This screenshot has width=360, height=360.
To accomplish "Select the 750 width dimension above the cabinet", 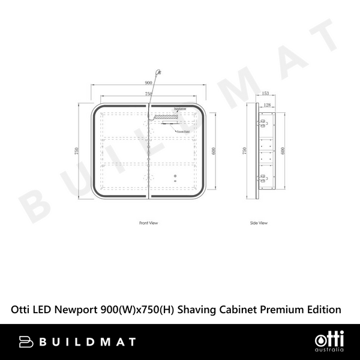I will pos(148,94).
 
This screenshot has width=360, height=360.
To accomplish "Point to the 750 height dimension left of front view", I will pos(76,151).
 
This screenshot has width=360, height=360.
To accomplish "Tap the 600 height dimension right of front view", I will pos(212,151).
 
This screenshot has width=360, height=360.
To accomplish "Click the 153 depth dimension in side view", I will pos(265,94).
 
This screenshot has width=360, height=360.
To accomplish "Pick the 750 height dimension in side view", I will pos(244,151).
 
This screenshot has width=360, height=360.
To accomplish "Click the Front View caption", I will pos(148,223).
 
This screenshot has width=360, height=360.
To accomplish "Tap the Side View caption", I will pos(259,223).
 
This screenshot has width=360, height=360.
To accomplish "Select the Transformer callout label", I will pos(179,109).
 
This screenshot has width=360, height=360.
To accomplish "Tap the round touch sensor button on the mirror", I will pos(175,176).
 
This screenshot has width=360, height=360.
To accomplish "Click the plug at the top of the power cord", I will pos(158,73).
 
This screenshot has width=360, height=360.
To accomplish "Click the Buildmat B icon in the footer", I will pos(25,341).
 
